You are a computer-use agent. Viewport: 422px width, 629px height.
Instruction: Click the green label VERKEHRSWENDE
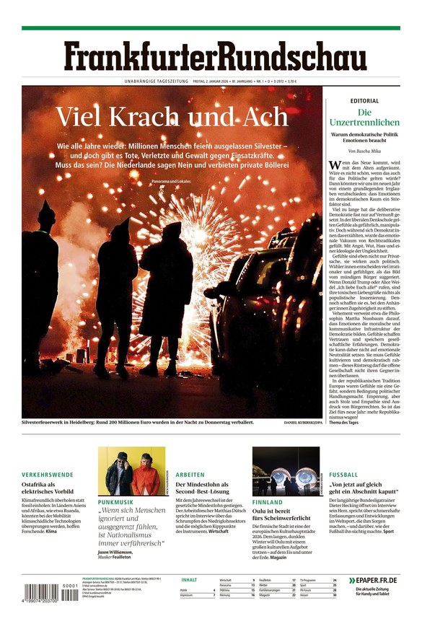point(48,475)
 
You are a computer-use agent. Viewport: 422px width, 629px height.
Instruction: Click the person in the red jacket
point(147,477)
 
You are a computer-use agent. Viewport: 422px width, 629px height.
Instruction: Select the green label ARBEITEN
point(190,475)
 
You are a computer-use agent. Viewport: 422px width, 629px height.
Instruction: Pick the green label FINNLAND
point(268,501)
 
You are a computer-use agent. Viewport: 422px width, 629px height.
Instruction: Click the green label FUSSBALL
point(343,475)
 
